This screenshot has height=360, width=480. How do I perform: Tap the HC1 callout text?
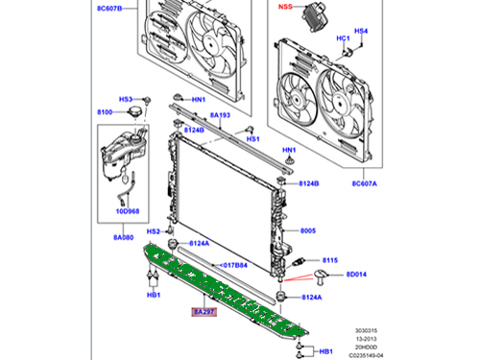pyautogui.click(x=342, y=38)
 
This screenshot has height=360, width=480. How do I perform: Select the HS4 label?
pyautogui.click(x=361, y=32)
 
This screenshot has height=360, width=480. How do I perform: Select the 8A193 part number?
pyautogui.click(x=221, y=115)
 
